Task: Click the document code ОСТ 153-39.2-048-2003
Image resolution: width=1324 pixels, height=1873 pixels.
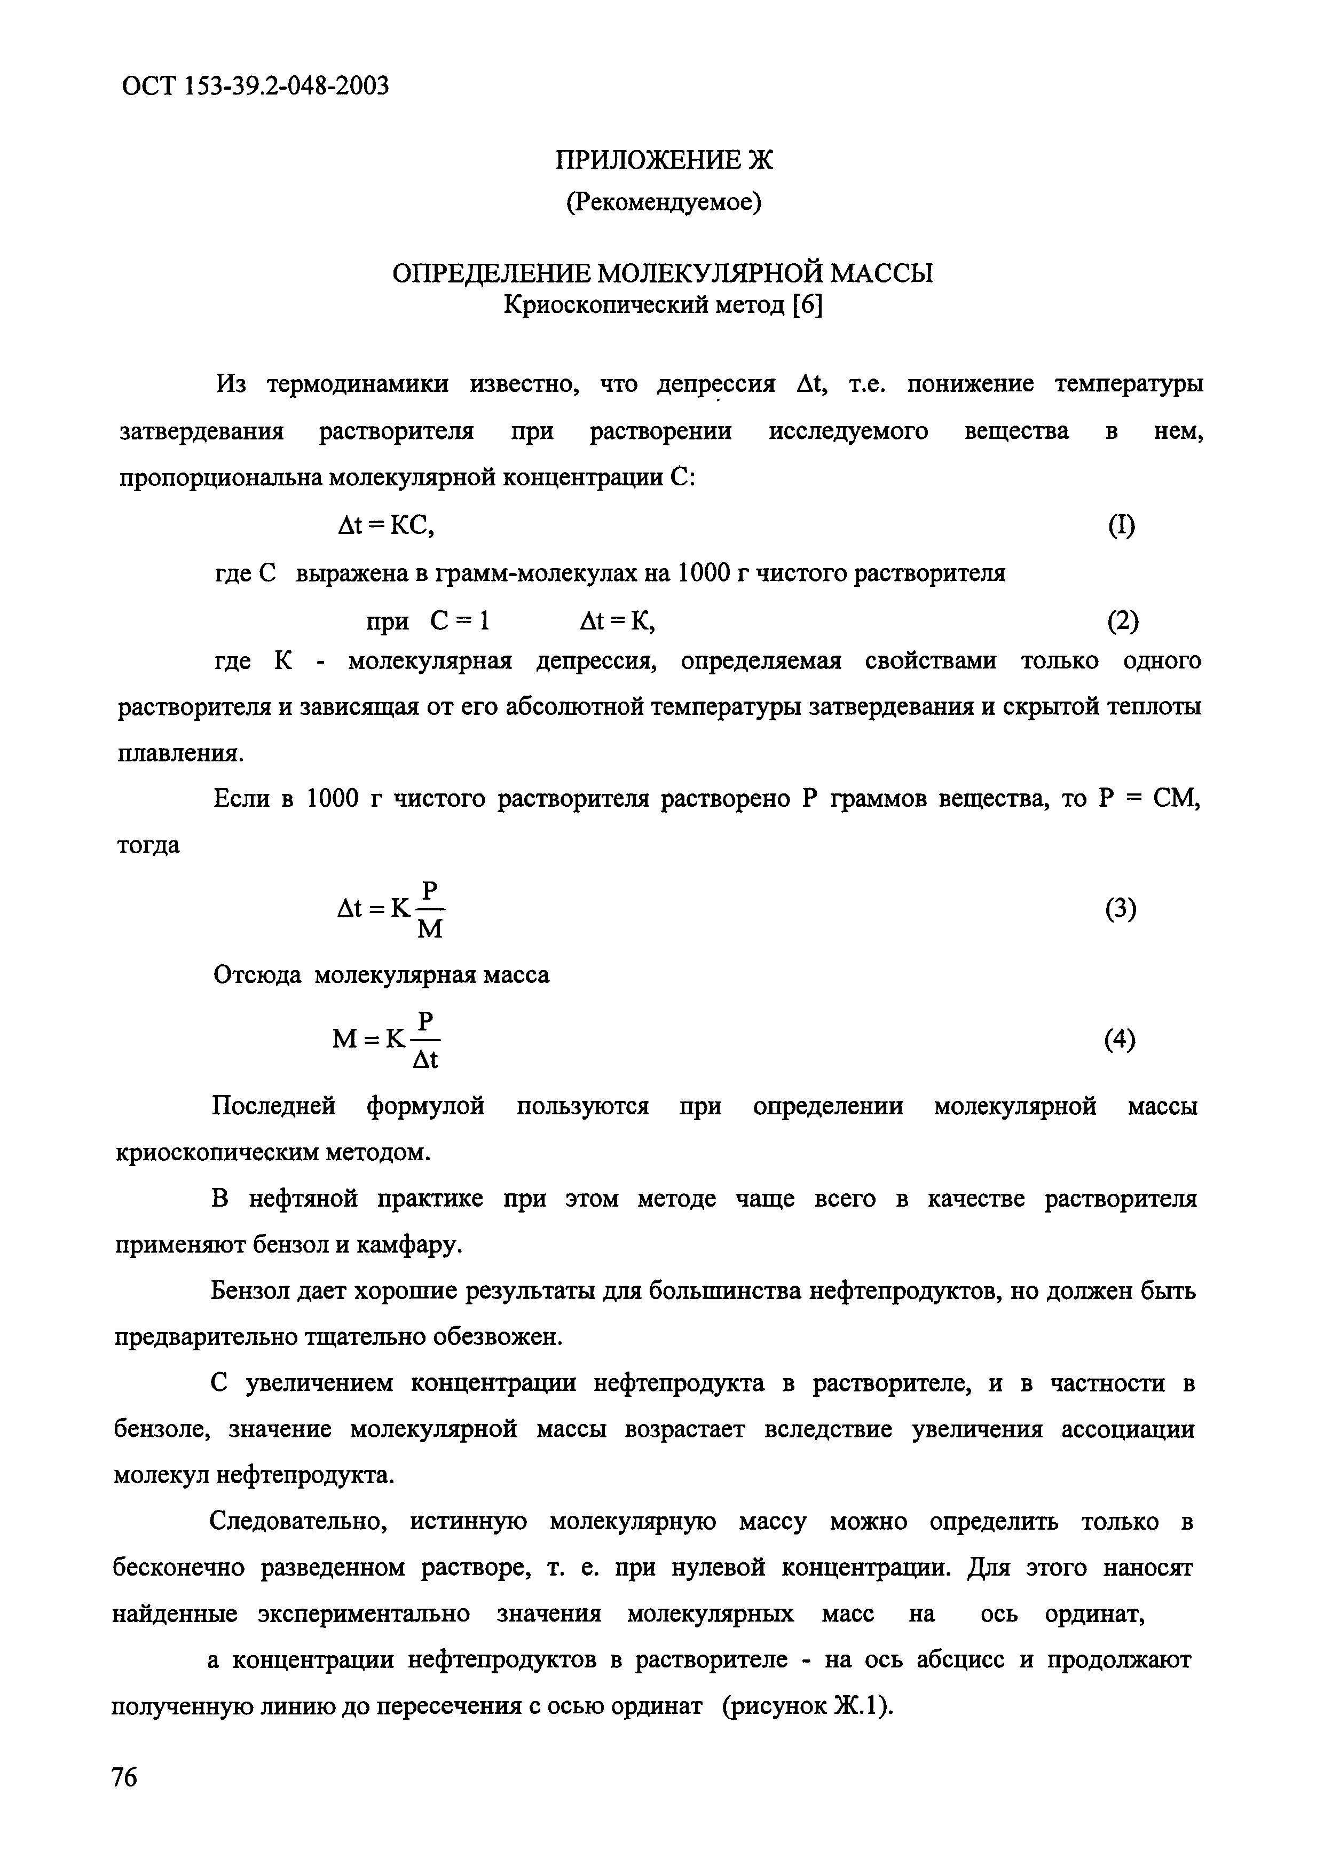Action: [255, 85]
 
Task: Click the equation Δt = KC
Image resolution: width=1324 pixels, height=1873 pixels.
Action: [386, 526]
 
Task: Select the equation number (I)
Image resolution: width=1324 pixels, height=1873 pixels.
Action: [1122, 526]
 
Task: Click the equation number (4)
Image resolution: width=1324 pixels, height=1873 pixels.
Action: [1120, 1040]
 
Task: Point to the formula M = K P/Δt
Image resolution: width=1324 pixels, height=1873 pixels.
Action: [387, 1040]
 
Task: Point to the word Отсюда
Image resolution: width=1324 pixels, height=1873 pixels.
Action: [257, 975]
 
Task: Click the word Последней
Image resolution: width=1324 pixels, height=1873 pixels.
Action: [273, 1106]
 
